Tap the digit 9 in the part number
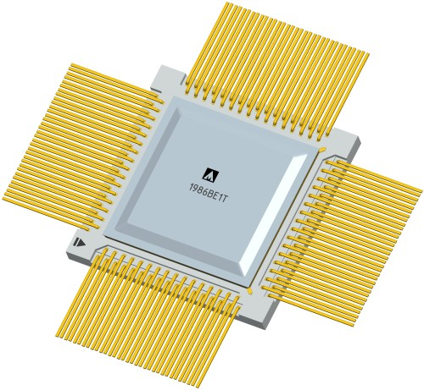coord(195,190)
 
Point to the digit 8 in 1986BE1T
coord(200,191)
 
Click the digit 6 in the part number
coord(205,193)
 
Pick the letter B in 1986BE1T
coord(211,195)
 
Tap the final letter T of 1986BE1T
coord(225,199)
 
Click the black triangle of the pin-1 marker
coord(81,243)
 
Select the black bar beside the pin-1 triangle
coord(75,242)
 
